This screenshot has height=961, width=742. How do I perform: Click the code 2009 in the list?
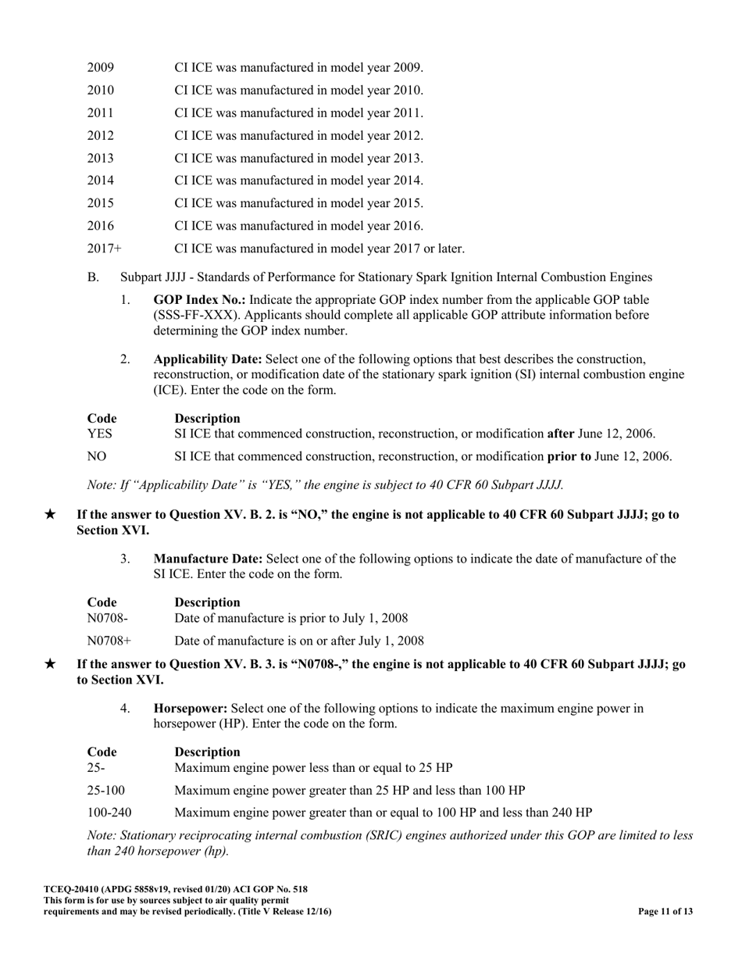pyautogui.click(x=101, y=67)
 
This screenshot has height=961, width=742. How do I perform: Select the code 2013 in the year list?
pyautogui.click(x=101, y=158)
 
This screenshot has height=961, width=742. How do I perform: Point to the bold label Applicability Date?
pyautogui.click(x=208, y=359)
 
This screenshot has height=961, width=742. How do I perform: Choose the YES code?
pyautogui.click(x=100, y=433)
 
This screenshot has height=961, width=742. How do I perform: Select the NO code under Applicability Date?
pyautogui.click(x=97, y=455)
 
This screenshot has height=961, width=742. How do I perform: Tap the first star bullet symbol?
pyautogui.click(x=50, y=515)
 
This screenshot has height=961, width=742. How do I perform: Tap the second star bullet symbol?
pyautogui.click(x=50, y=664)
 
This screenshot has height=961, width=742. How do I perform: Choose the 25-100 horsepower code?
pyautogui.click(x=106, y=790)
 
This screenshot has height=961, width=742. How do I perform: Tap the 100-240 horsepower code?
pyautogui.click(x=109, y=813)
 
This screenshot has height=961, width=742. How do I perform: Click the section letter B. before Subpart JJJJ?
pyautogui.click(x=94, y=277)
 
